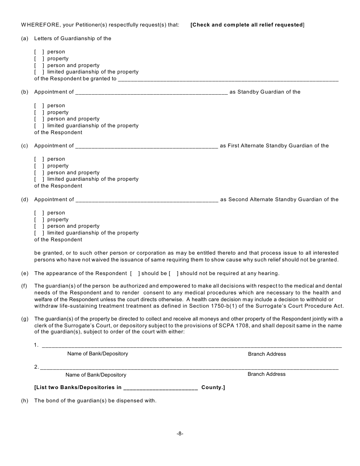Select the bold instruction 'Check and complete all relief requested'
[x=247, y=25]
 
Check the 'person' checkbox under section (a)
[x=39, y=52]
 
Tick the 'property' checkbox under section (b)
[x=39, y=113]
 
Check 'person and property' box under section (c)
[x=39, y=173]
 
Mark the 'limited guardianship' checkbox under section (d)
[x=39, y=233]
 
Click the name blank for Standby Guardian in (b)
[x=152, y=92]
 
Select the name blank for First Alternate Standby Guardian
[x=147, y=146]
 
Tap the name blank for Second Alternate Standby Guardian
[x=147, y=200]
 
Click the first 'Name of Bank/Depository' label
[x=97, y=353]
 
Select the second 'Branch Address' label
[x=266, y=374]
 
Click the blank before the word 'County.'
[x=160, y=388]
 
